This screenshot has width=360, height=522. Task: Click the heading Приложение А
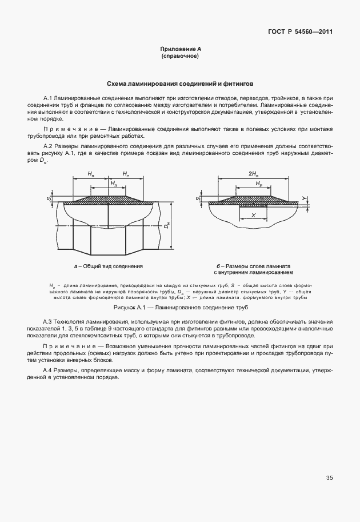click(180, 50)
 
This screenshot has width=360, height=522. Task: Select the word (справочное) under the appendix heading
click(180, 57)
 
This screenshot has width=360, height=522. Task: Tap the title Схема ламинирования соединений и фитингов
click(180, 83)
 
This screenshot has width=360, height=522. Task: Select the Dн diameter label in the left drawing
click(166, 227)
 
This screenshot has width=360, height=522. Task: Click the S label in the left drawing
click(50, 199)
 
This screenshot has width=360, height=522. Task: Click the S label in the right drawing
click(197, 199)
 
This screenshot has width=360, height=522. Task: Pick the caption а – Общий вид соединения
click(108, 266)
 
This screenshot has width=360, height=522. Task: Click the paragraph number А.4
click(48, 371)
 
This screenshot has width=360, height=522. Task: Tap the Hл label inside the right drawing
click(259, 184)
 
